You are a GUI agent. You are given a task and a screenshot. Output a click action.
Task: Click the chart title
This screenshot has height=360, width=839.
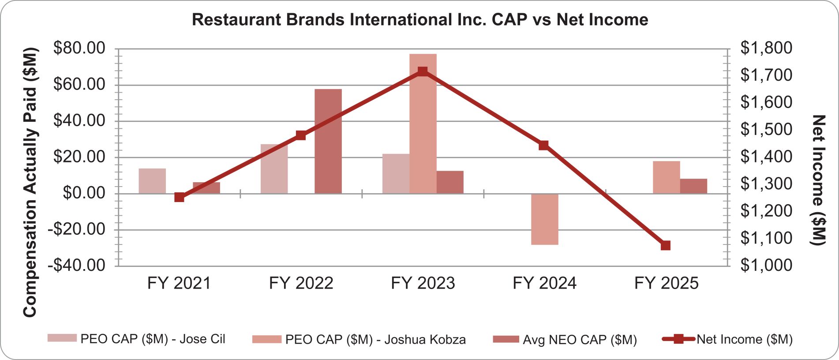coord(419,20)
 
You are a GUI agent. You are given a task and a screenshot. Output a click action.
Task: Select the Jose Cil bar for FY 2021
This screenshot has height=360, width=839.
coord(152,181)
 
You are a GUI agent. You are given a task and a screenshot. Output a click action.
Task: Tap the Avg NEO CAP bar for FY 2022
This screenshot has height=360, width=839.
coord(328,141)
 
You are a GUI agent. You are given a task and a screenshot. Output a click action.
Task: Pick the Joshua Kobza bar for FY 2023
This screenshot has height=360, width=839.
coord(423,124)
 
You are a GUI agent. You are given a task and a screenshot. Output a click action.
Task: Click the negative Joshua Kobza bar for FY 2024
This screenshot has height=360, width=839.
coord(544,219)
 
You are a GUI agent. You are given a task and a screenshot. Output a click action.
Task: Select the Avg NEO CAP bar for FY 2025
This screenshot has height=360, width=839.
coord(693,186)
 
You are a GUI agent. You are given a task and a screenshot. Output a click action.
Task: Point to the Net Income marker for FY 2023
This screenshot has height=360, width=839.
coord(422,71)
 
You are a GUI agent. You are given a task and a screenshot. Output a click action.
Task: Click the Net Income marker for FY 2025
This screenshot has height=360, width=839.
coord(666,245)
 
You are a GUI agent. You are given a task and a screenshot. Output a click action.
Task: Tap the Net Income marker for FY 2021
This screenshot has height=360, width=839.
coord(179,197)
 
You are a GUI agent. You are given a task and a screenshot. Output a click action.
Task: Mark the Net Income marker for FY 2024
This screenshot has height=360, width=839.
coord(543,145)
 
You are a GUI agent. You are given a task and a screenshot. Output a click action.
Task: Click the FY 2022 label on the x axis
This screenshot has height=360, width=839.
coord(301,283)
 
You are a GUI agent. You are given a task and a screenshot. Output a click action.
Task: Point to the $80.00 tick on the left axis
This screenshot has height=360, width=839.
coord(79,48)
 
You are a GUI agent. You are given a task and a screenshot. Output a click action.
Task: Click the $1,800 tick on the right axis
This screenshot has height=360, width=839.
coord(766,48)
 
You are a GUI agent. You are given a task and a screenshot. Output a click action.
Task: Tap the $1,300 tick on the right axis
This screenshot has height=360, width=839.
coord(766,184)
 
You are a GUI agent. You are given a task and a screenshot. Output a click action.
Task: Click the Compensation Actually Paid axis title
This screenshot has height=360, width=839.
coord(30,182)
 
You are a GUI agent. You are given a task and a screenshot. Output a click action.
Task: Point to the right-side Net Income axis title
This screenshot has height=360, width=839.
coord(818,180)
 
